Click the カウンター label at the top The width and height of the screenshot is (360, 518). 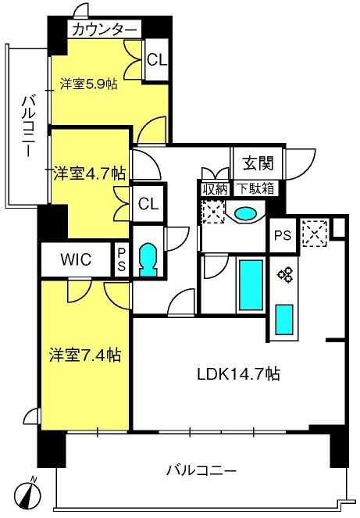click(105, 30)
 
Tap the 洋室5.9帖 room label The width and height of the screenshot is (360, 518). click(88, 84)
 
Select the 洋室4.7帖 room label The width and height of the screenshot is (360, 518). click(90, 173)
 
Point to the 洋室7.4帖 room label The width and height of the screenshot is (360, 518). click(85, 355)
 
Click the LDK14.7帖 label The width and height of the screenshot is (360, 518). click(238, 374)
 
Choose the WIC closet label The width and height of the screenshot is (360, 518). click(76, 259)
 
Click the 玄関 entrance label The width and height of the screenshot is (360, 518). click(258, 163)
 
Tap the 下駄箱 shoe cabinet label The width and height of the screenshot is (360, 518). click(256, 188)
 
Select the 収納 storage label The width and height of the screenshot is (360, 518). click(215, 190)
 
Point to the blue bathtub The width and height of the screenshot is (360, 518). click(251, 285)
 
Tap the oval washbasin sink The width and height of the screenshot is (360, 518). click(245, 213)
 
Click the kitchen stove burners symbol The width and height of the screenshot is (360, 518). click(285, 274)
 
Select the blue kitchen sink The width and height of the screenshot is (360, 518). click(284, 320)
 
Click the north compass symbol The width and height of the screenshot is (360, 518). click(28, 494)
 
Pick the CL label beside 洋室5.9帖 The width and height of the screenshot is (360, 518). click(157, 60)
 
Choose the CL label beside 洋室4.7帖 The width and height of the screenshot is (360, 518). click(148, 204)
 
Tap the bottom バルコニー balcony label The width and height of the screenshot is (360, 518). click(201, 470)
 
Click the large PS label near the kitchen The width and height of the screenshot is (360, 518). click(283, 235)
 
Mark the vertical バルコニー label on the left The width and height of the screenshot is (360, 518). click(28, 126)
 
